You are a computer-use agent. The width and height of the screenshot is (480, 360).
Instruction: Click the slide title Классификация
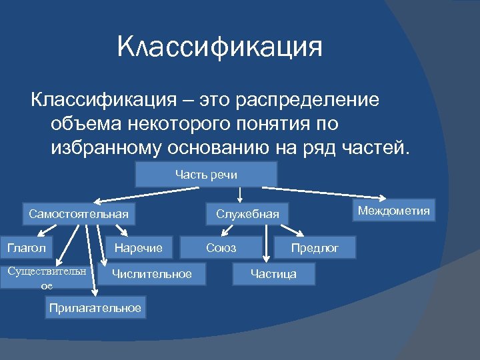[x=219, y=48]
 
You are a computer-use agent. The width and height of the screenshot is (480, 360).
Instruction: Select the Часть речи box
[x=206, y=174]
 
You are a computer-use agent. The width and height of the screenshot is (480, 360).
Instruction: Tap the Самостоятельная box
[x=78, y=214]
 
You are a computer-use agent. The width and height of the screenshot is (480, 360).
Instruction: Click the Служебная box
[x=247, y=214]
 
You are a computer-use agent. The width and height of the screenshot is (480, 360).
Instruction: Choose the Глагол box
[x=27, y=248]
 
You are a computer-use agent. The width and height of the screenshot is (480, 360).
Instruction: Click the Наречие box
[x=138, y=248]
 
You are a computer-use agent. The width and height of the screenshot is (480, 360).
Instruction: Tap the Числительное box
[x=151, y=273]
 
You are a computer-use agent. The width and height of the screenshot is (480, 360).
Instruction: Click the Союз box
[x=221, y=248]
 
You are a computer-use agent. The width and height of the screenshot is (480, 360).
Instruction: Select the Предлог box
[x=315, y=248]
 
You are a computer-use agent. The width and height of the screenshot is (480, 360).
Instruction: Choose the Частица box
[x=273, y=273]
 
